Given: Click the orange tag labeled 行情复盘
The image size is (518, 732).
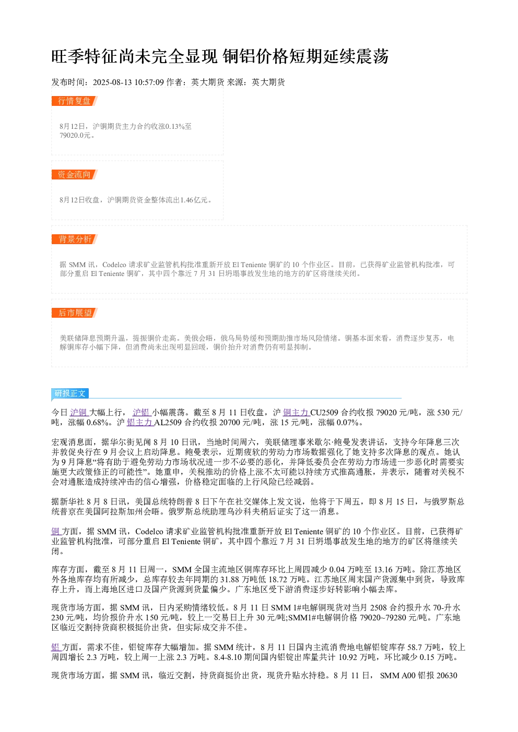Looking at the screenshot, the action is pos(75,101).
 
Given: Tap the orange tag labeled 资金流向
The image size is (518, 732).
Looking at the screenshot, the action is pos(75,174).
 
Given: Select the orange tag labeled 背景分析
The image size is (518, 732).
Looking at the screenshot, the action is pos(75,239).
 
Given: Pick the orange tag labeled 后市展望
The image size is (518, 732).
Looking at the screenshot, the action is pos(75,313).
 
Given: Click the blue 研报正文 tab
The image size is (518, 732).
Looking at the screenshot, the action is pos(70,393).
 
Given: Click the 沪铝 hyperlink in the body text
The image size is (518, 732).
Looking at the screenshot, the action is pos(142,413).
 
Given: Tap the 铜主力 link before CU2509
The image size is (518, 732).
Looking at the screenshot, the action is pos(296,413).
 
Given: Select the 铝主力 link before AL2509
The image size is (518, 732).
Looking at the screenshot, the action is pos(140,423).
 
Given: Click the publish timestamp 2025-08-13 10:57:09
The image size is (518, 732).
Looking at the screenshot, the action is pos(128,82).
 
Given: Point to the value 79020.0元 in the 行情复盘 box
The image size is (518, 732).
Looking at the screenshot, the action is pos(75,135).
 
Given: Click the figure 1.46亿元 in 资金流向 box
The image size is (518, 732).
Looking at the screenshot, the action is pos(194,200).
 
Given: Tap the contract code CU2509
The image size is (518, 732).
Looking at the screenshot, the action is pos(324,413).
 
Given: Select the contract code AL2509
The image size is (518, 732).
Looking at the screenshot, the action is pos(168,423).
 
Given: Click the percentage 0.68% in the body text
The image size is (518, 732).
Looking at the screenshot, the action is pos(98,423).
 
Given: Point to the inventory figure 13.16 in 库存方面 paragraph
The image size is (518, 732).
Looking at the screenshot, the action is pos(384,570).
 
